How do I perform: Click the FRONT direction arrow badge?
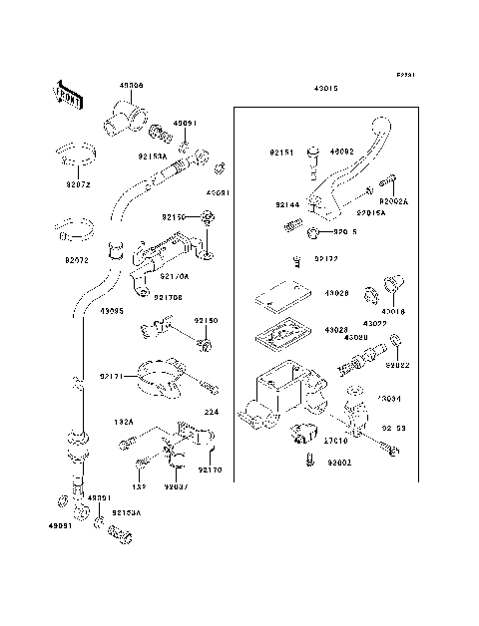pos(65,92)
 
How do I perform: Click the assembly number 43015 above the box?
pos(326,89)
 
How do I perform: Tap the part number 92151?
pos(280,154)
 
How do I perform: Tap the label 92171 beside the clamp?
pos(113,376)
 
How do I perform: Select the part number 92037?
pos(178,487)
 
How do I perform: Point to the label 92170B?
pos(169,297)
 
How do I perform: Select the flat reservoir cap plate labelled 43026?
pos(280,295)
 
